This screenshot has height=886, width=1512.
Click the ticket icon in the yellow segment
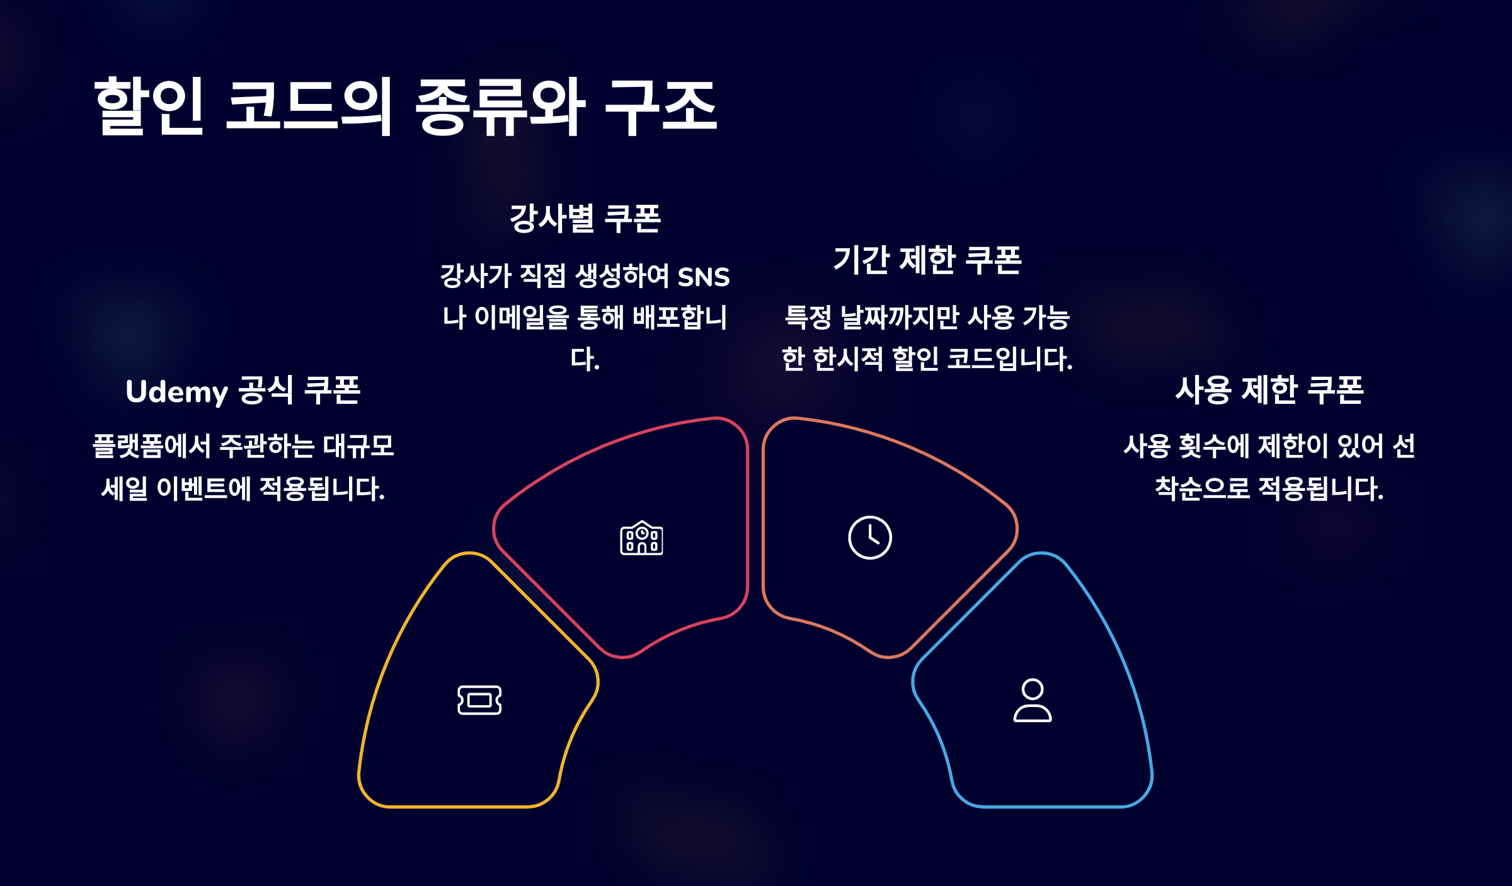479,700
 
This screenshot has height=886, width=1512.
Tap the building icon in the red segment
641,538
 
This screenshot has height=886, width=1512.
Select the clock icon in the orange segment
869,538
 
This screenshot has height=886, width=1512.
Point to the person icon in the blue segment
1032,700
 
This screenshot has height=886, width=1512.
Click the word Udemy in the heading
176,392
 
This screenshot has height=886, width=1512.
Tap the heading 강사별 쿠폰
585,219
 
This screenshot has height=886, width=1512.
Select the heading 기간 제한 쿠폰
927,260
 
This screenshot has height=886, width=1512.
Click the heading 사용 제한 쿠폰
1269,390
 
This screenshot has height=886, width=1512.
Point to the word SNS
703,277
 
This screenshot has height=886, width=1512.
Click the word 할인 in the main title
149,105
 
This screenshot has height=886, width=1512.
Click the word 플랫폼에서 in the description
152,446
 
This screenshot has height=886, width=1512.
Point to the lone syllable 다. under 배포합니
585,359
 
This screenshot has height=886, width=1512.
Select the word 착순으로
1202,488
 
